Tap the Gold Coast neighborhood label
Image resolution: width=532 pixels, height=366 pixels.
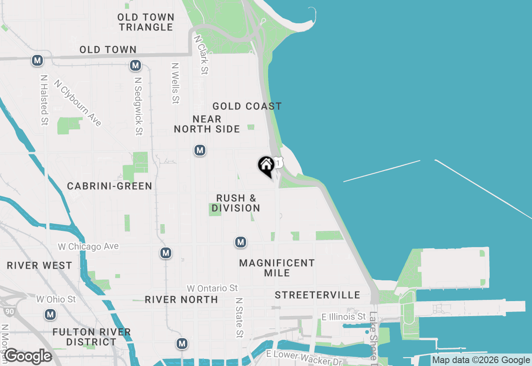click(x=247, y=106)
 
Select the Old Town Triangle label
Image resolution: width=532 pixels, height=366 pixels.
click(x=145, y=22)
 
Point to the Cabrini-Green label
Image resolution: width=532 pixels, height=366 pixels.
click(x=110, y=186)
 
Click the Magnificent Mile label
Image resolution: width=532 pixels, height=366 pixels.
click(x=277, y=268)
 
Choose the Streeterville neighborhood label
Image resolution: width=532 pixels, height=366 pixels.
click(x=318, y=295)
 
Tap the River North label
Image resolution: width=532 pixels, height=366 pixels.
click(x=181, y=299)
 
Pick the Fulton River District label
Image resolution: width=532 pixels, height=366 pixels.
click(x=92, y=337)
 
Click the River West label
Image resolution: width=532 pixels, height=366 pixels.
click(x=39, y=265)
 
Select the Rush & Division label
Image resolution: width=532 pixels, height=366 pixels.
click(x=236, y=203)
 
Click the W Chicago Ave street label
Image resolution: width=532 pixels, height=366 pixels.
click(x=88, y=247)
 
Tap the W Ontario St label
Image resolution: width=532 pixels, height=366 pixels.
click(x=212, y=288)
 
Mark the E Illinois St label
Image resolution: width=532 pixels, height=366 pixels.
click(x=344, y=317)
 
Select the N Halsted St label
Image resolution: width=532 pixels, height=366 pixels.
click(x=44, y=100)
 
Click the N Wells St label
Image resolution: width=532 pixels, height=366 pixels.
click(x=175, y=83)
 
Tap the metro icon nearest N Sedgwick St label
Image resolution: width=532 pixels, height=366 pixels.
click(x=135, y=65)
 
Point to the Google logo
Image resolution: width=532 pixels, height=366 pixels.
click(x=28, y=356)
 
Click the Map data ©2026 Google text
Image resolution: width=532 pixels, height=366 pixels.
click(x=481, y=360)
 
